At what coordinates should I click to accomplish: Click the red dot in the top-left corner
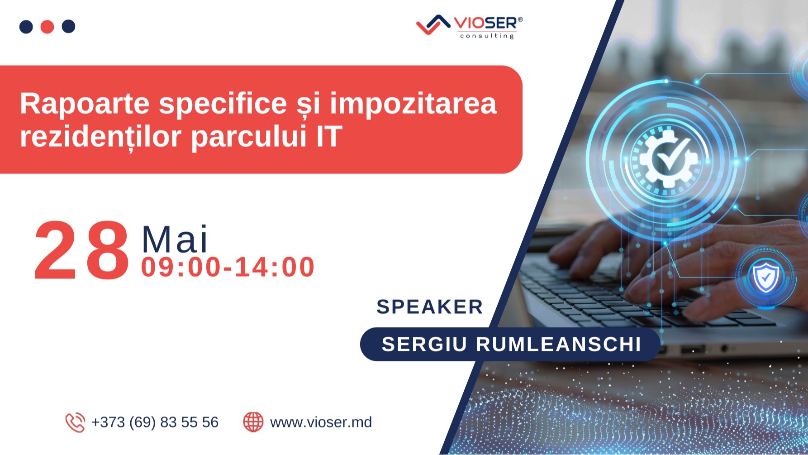coord(47,27)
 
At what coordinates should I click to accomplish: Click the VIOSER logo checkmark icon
coord(433,24)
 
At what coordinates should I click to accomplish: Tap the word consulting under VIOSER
coord(487,36)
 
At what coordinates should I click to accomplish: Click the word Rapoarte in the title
coord(85,104)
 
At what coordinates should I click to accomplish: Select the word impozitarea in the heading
coord(413,104)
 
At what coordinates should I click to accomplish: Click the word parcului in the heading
coord(249,137)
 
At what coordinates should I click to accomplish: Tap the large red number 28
coord(82,251)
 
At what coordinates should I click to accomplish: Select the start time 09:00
coord(180,267)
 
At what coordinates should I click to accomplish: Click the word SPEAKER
coord(430,307)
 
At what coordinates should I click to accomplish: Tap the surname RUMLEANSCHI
coord(558,344)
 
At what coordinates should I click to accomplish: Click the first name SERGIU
coord(424,344)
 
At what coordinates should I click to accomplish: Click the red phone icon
coord(75,422)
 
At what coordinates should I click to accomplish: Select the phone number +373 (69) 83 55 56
coord(155,422)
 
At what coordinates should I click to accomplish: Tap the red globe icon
coord(253,422)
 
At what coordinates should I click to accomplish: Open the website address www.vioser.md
coord(321,422)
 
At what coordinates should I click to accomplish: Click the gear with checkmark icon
coord(669,158)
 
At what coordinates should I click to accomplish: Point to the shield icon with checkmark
coord(765,278)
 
